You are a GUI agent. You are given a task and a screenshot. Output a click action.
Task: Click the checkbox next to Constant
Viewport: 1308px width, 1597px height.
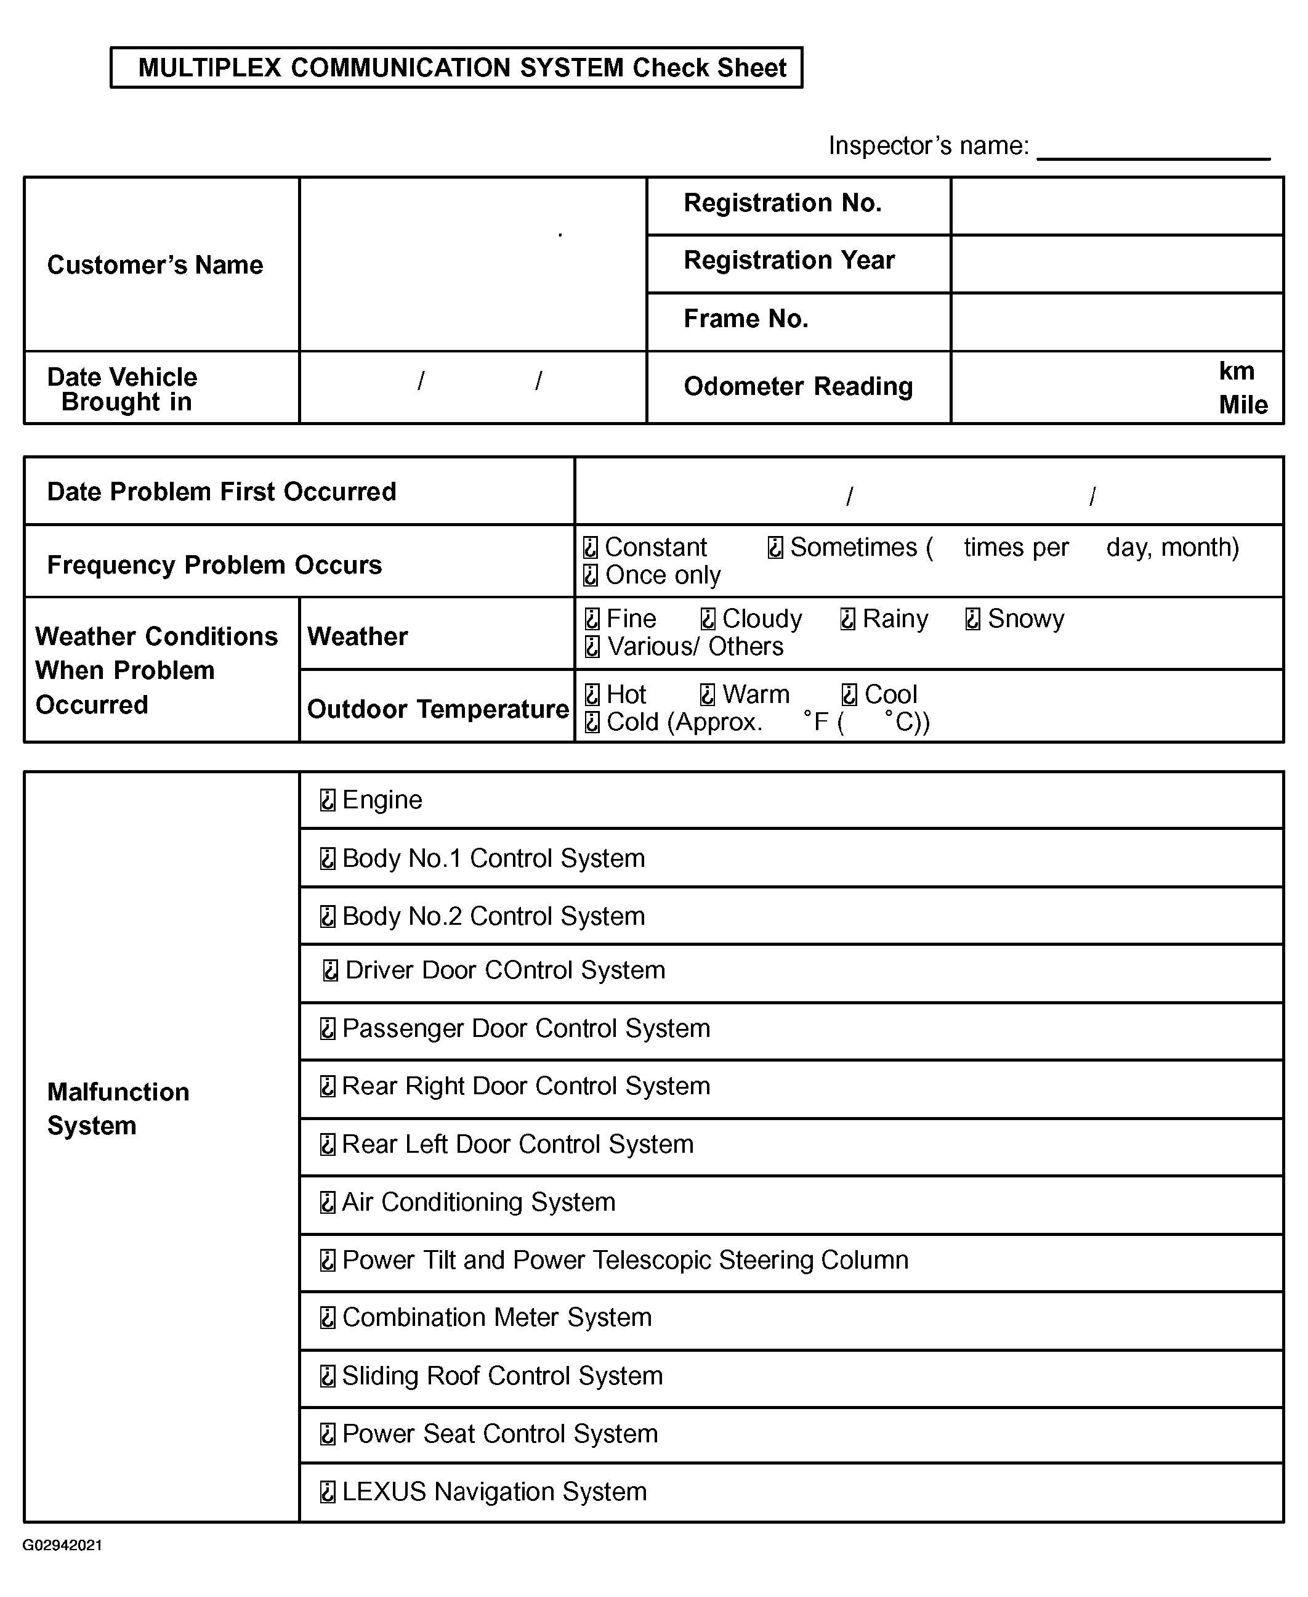click(591, 547)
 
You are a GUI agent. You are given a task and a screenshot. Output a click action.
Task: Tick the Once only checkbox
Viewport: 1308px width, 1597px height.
click(591, 575)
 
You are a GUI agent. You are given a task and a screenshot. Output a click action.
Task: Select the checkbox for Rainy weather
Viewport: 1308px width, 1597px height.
click(847, 619)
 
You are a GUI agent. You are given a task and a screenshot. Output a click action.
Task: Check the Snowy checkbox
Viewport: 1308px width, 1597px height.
click(973, 619)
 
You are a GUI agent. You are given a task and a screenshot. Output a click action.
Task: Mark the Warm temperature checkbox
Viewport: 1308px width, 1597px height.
click(708, 694)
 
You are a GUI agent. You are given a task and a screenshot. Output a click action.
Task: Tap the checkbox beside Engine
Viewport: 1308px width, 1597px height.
click(328, 800)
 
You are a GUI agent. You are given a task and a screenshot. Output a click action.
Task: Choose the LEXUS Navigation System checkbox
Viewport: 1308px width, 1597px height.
click(328, 1492)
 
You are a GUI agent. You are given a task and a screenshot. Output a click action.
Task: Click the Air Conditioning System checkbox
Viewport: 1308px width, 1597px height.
click(328, 1202)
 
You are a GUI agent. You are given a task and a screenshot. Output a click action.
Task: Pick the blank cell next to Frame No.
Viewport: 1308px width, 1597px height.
click(1116, 321)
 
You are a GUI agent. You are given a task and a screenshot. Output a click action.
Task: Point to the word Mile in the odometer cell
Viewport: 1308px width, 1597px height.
click(1243, 405)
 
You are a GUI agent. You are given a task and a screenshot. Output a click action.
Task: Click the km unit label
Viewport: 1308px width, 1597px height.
click(1237, 371)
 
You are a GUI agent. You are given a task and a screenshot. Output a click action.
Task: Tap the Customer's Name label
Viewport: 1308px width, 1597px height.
click(155, 266)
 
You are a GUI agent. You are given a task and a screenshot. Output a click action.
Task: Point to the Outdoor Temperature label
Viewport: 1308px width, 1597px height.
click(438, 709)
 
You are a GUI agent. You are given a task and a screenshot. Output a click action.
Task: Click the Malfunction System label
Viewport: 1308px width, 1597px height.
click(118, 1108)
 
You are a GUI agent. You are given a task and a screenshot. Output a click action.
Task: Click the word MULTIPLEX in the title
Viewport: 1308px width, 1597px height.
click(209, 68)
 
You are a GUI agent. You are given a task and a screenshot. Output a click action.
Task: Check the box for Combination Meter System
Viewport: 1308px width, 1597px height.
click(328, 1317)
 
